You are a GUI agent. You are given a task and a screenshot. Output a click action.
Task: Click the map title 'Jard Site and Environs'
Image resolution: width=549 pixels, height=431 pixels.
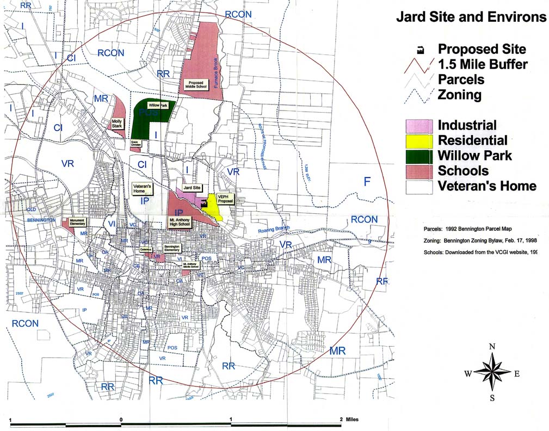(471, 17)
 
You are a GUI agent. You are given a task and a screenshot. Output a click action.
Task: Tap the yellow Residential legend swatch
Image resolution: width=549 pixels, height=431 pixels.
(421, 140)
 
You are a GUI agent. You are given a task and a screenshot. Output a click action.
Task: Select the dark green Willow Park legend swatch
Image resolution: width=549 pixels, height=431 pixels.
(421, 156)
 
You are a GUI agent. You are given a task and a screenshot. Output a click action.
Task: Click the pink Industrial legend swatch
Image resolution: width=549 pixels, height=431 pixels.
(421, 125)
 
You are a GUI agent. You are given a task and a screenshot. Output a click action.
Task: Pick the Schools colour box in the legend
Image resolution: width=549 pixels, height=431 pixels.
(421, 171)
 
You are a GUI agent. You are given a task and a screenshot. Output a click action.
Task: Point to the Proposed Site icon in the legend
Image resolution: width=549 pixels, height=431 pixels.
(420, 50)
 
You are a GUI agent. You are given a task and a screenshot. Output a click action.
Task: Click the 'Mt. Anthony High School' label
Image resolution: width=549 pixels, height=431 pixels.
(179, 222)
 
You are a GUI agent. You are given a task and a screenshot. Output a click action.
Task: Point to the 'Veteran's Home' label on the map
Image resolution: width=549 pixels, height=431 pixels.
(143, 188)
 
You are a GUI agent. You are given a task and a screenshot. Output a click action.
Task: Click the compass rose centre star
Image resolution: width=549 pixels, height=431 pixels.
(492, 373)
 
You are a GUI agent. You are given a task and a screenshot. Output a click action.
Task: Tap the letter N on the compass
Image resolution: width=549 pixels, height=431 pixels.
(492, 347)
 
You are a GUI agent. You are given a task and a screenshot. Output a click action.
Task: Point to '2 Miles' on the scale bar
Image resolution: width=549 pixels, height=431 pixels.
(348, 419)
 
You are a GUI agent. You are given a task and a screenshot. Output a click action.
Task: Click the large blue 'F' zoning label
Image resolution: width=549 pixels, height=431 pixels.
(367, 181)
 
